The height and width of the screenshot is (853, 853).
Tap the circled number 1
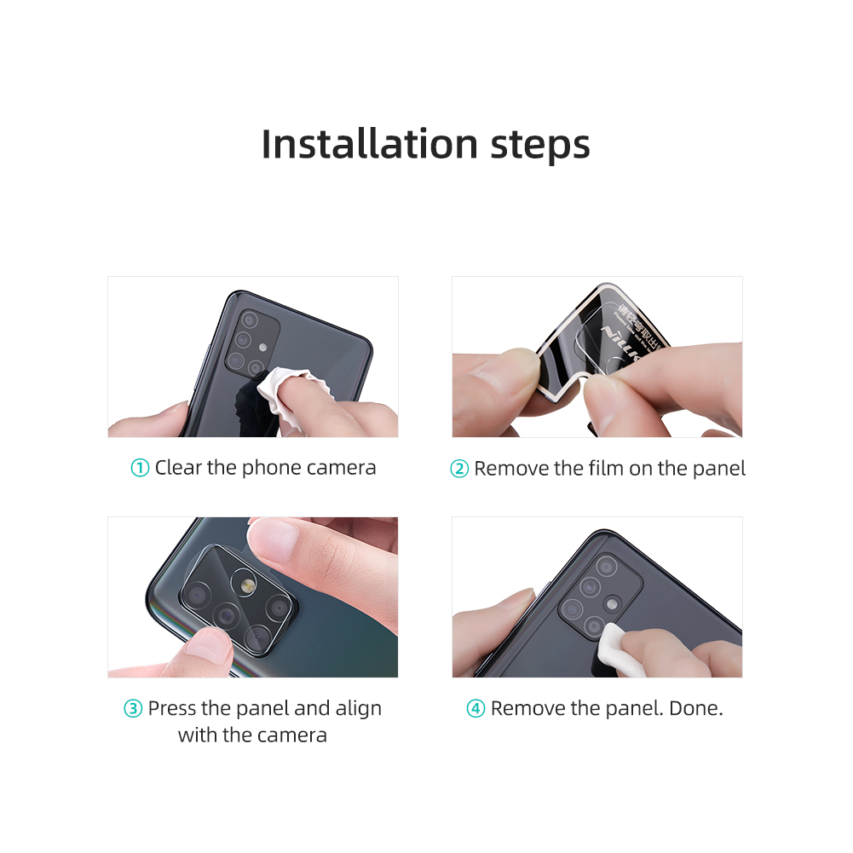(x=140, y=469)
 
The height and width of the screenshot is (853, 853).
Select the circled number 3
(x=133, y=709)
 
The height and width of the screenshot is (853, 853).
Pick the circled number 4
(x=475, y=709)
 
